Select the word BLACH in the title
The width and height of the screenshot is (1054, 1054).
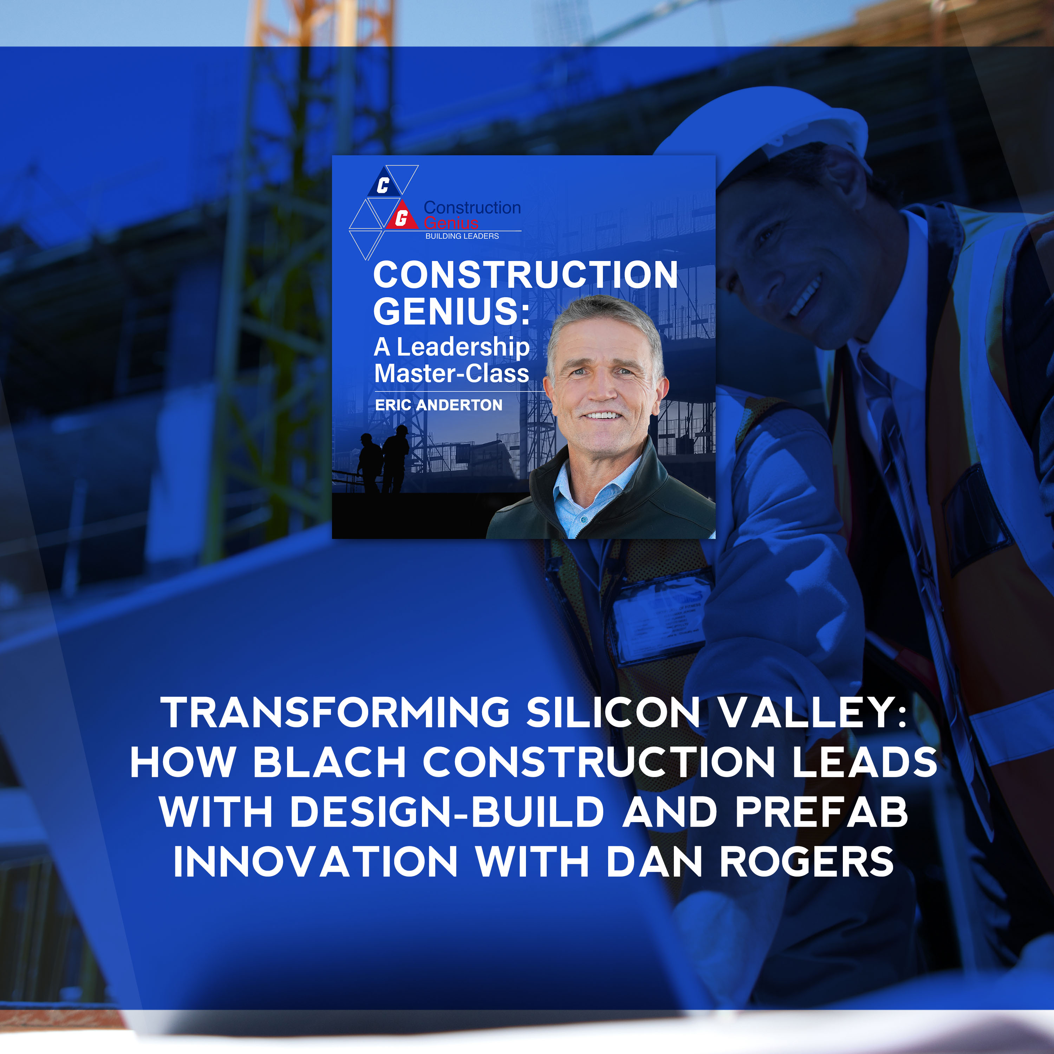(330, 762)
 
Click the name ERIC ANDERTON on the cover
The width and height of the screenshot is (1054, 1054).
(438, 405)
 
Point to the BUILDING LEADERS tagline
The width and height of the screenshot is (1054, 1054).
(462, 236)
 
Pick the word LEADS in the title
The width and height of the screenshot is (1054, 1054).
(865, 762)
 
